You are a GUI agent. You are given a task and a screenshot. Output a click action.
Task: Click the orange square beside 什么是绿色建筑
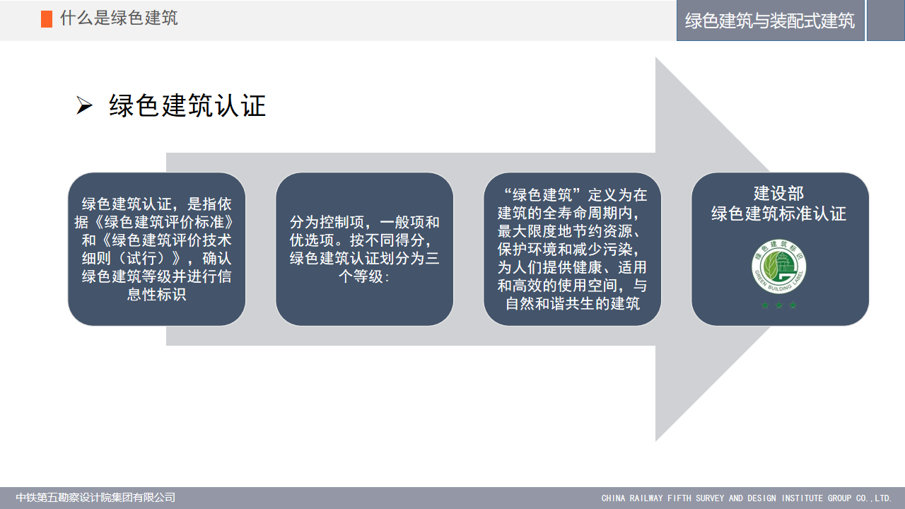pyautogui.click(x=47, y=19)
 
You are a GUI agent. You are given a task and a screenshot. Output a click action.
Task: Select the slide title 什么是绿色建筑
pyautogui.click(x=119, y=18)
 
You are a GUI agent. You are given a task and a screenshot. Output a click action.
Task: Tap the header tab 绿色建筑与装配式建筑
pyautogui.click(x=770, y=21)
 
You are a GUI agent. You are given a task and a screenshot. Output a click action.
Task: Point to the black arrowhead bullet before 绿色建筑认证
pyautogui.click(x=84, y=106)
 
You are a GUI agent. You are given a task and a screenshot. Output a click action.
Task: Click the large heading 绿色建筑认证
pyautogui.click(x=187, y=106)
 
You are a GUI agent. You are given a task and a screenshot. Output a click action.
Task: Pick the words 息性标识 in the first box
pyautogui.click(x=157, y=295)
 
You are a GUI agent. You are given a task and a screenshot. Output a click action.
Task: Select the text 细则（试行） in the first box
pyautogui.click(x=124, y=258)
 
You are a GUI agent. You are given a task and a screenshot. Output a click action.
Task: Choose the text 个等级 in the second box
pyautogui.click(x=361, y=276)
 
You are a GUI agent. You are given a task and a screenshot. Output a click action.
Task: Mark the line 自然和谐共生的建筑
pyautogui.click(x=573, y=303)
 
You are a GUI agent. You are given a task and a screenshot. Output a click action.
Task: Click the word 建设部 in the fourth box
pyautogui.click(x=779, y=193)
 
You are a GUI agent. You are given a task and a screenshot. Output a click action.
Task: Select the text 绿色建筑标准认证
pyautogui.click(x=779, y=213)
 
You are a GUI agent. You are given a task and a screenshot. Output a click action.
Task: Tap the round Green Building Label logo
pyautogui.click(x=779, y=267)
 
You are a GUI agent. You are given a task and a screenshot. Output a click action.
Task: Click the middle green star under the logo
pyautogui.click(x=779, y=305)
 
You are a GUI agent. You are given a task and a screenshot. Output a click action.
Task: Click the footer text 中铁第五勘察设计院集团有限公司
pyautogui.click(x=95, y=497)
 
